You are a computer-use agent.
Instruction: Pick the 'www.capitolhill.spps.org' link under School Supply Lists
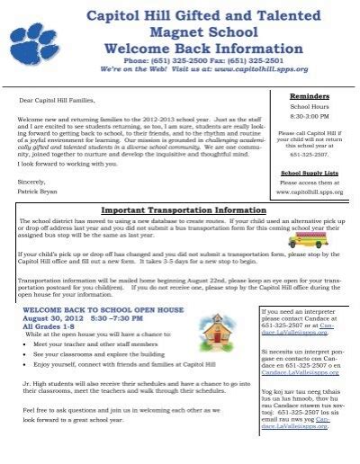pyautogui.click(x=310, y=192)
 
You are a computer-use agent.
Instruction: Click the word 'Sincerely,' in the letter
pyautogui.click(x=34, y=180)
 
